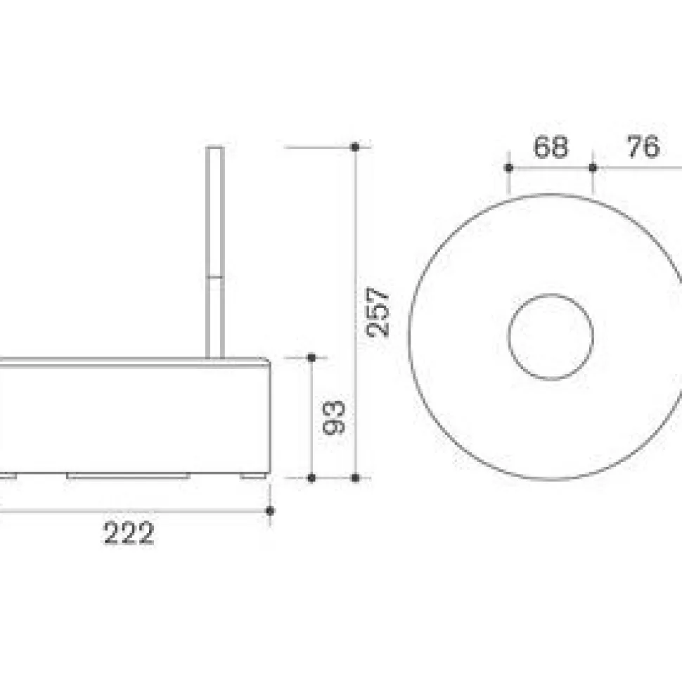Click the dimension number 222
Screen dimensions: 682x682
click(x=129, y=532)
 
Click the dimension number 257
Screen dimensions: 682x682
click(x=377, y=312)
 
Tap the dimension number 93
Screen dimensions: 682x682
click(x=333, y=418)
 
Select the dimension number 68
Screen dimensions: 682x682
click(x=551, y=146)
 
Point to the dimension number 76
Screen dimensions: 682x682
click(x=643, y=146)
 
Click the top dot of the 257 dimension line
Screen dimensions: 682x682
click(x=355, y=147)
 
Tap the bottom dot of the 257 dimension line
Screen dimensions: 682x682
click(x=355, y=477)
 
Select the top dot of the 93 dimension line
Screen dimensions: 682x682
click(x=311, y=358)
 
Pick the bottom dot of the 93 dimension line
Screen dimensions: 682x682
click(x=311, y=477)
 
